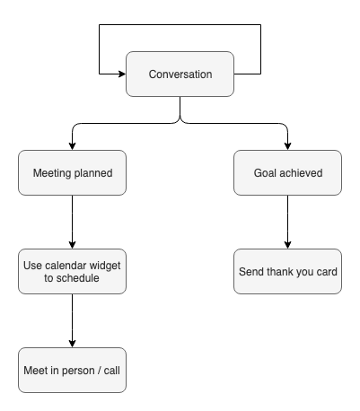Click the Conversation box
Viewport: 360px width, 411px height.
click(x=180, y=74)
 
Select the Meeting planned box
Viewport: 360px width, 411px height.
click(x=72, y=172)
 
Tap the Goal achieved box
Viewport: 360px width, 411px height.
click(x=287, y=172)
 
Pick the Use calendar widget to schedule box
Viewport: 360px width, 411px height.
click(x=72, y=271)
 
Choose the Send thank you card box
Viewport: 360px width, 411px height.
click(x=287, y=271)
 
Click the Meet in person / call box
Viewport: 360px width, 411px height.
click(x=72, y=370)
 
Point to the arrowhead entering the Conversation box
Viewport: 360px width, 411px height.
click(x=122, y=74)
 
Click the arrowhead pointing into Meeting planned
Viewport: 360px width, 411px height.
click(x=72, y=146)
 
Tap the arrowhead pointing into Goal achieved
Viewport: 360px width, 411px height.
click(x=287, y=146)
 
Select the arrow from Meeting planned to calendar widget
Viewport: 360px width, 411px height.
click(x=72, y=222)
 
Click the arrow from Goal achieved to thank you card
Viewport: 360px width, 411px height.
click(x=287, y=222)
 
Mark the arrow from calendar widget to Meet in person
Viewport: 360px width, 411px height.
click(x=72, y=320)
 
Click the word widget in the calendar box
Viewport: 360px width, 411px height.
click(x=105, y=266)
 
